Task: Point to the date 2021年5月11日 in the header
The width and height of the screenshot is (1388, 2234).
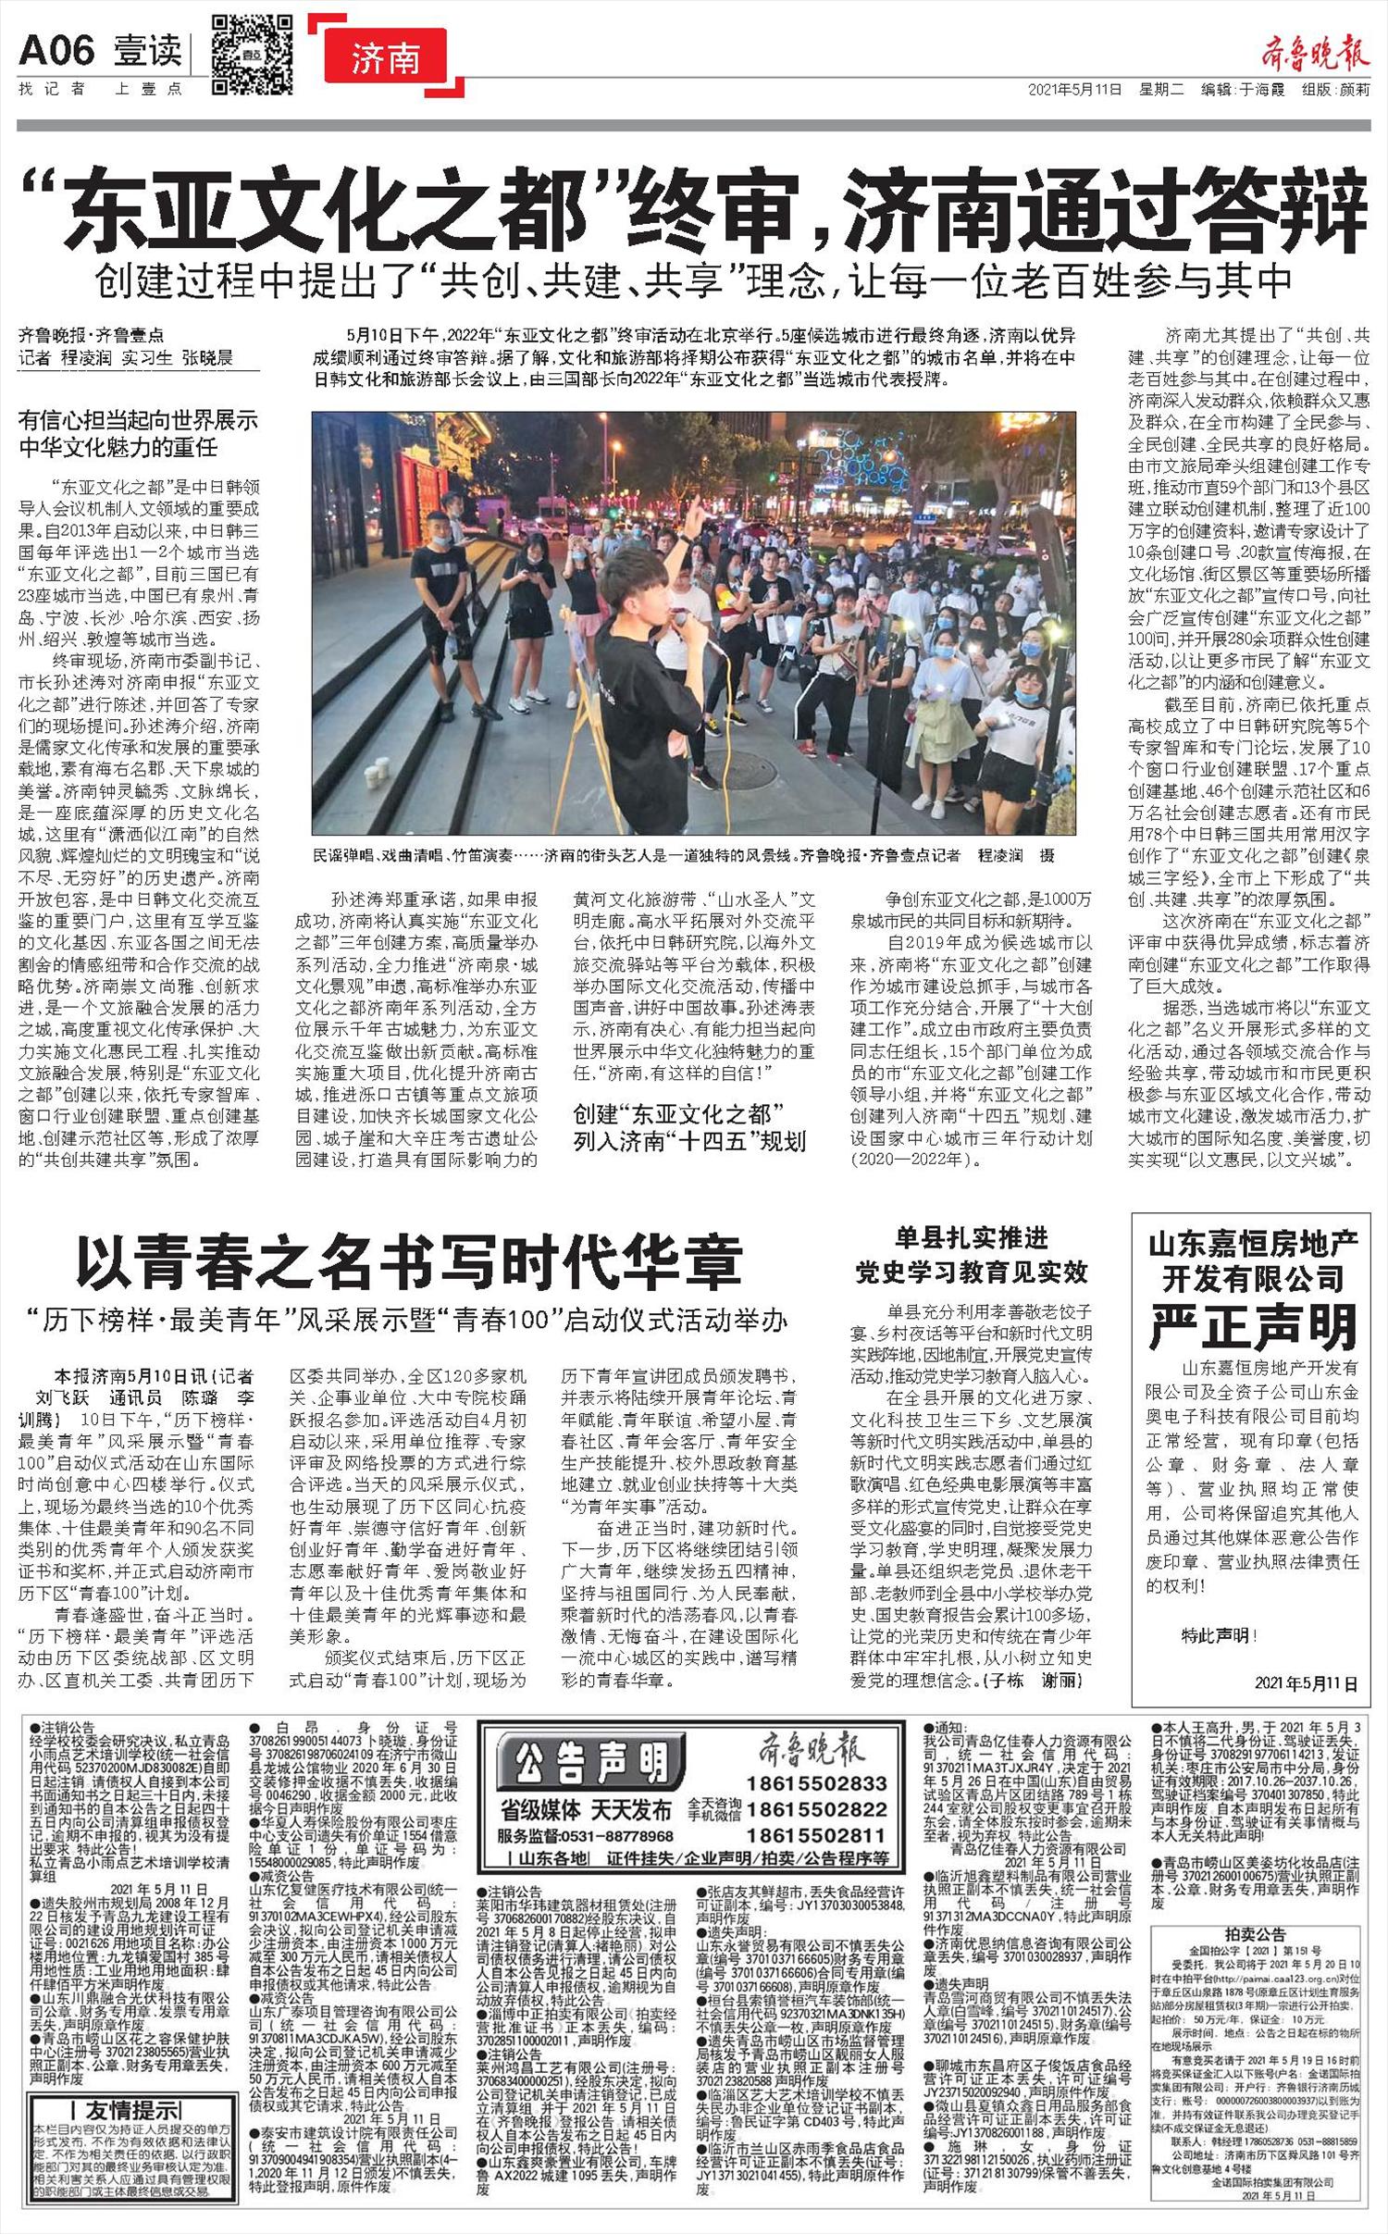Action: pos(1074,90)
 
